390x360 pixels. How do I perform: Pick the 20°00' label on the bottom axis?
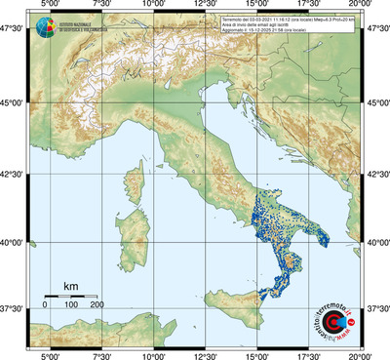pos(362,355)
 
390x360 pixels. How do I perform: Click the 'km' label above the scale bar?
pos(70,286)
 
